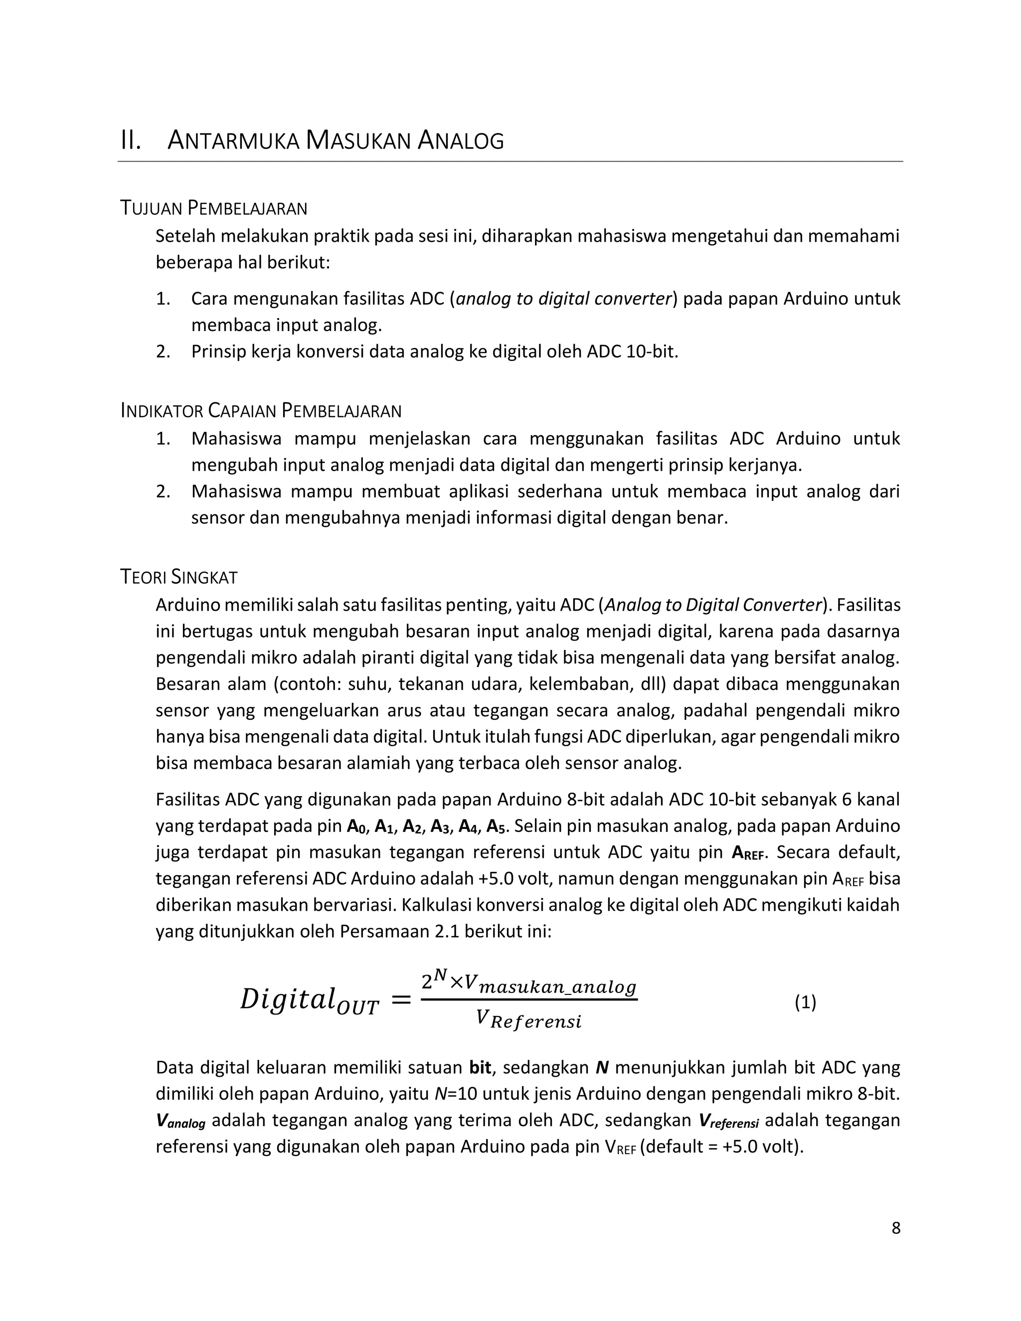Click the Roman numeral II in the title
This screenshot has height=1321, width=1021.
tap(131, 141)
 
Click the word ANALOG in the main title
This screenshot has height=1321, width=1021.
tap(460, 141)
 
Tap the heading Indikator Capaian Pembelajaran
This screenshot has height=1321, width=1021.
tap(261, 411)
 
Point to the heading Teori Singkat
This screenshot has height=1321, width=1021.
tap(179, 577)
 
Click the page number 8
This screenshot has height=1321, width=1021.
tap(896, 1228)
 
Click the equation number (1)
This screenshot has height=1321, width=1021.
tap(805, 1003)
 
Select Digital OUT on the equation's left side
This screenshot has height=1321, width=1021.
tap(309, 1000)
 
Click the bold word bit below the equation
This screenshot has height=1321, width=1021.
tap(480, 1068)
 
